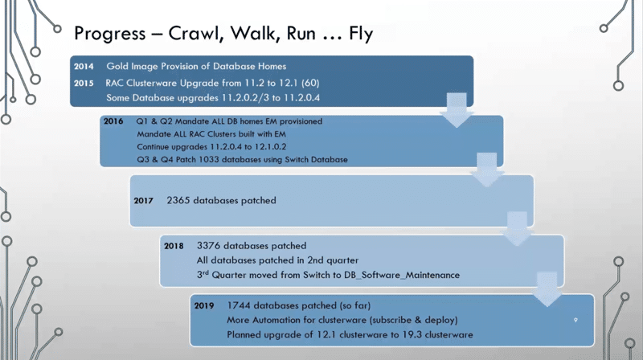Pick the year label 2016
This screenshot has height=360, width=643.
pyautogui.click(x=116, y=121)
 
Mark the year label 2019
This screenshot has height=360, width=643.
pyautogui.click(x=207, y=306)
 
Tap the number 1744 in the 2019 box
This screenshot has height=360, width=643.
pyautogui.click(x=243, y=306)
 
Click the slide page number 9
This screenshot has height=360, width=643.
pyautogui.click(x=575, y=319)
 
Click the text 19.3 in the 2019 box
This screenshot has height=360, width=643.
pyautogui.click(x=391, y=333)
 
